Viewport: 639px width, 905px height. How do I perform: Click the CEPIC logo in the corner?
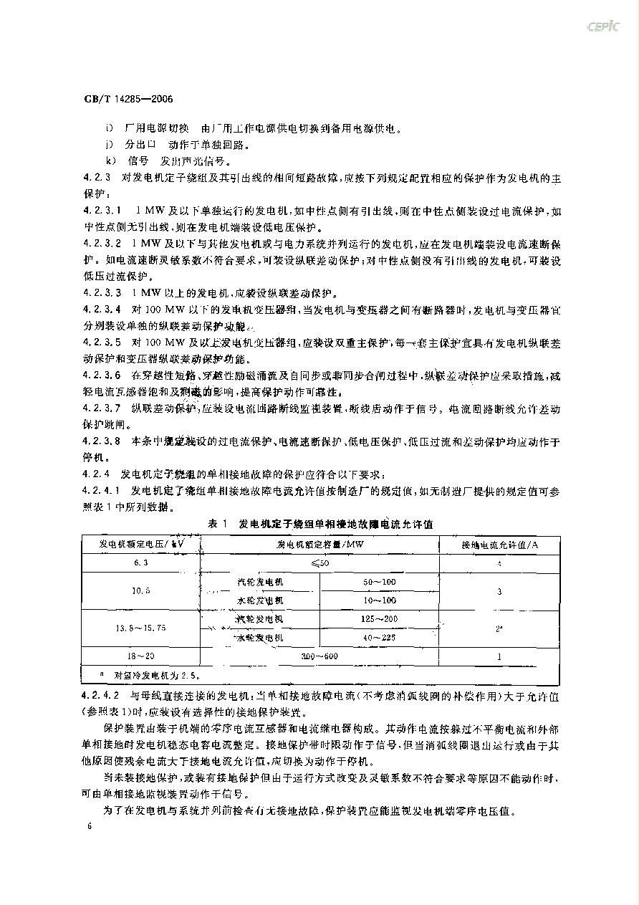[x=604, y=27]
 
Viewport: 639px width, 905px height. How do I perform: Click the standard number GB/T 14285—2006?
[x=119, y=99]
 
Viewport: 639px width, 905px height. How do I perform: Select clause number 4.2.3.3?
[x=102, y=293]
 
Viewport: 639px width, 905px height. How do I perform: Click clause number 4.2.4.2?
[x=102, y=695]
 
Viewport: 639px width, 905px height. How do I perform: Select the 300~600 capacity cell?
[x=320, y=656]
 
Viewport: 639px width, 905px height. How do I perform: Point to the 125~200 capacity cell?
[x=380, y=618]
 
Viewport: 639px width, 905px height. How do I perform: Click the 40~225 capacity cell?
[x=380, y=637]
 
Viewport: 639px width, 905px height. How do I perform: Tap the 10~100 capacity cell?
[x=380, y=600]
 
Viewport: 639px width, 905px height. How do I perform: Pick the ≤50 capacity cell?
[x=320, y=563]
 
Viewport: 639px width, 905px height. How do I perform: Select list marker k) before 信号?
[x=110, y=161]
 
